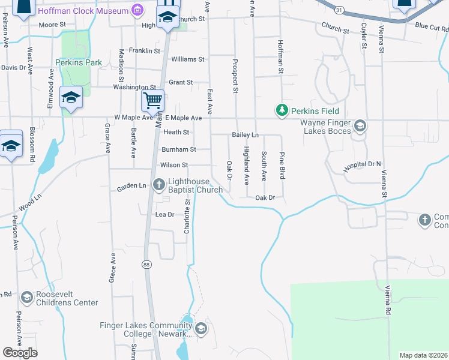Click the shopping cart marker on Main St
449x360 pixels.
point(153,101)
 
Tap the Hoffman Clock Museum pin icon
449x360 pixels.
point(139,10)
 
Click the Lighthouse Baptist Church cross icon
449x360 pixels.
point(159,184)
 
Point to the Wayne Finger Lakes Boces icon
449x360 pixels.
point(360,125)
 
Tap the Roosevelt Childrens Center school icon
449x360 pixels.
point(26,298)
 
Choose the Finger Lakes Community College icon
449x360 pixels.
point(201,328)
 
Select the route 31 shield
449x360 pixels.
point(339,11)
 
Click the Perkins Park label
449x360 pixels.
point(79,62)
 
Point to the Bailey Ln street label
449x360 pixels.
point(245,135)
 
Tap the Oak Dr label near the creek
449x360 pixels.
point(265,197)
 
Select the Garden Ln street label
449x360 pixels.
point(131,187)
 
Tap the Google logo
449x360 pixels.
point(20,353)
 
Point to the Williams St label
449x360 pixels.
point(188,59)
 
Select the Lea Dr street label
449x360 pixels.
point(164,214)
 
